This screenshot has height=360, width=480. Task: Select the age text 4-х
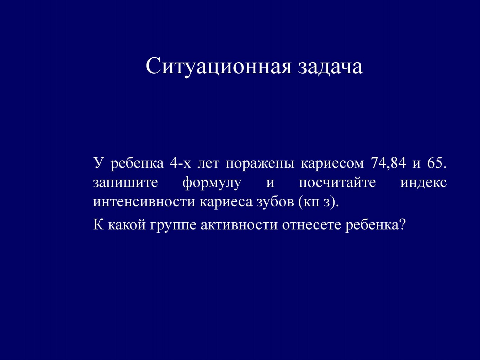coord(180,163)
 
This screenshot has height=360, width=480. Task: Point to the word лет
coord(208,164)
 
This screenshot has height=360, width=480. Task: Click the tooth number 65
coord(437,163)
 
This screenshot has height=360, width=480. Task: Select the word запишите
coord(125,183)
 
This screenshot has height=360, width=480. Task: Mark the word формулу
coord(212,183)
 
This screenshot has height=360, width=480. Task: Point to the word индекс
coord(423,183)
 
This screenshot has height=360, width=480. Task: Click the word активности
coord(239,225)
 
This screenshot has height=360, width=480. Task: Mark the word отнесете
coord(311,225)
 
